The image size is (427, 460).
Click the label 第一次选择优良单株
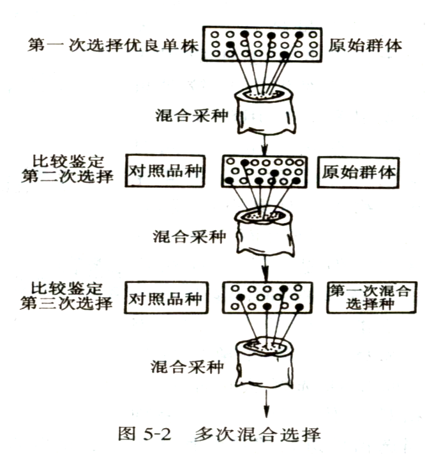(x=112, y=46)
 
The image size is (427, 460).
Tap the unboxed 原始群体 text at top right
(x=365, y=46)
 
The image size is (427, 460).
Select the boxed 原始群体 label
(x=359, y=172)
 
